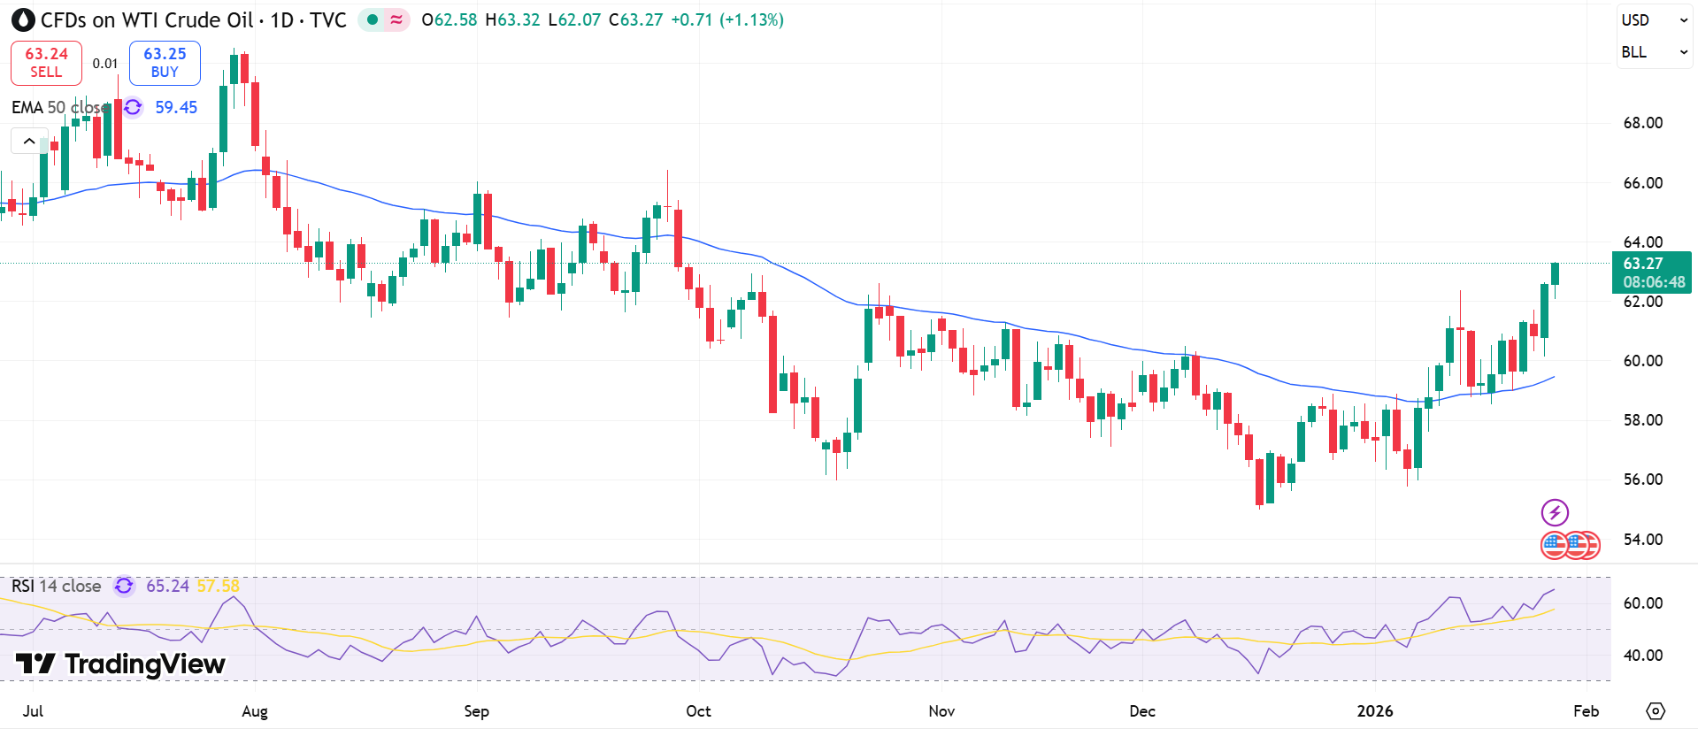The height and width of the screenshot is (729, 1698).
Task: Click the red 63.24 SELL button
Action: click(46, 63)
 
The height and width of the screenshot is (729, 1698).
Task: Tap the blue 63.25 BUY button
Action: click(165, 63)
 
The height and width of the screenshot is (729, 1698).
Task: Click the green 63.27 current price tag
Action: click(1651, 272)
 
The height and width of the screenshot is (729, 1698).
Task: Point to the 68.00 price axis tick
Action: click(1642, 123)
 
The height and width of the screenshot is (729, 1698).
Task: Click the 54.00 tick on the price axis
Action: click(1642, 540)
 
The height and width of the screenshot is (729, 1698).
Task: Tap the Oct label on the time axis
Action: click(698, 711)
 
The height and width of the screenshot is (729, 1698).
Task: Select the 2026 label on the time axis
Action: click(1375, 711)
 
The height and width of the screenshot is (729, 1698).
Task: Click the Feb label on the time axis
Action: click(1586, 711)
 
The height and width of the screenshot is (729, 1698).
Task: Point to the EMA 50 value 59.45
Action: click(176, 108)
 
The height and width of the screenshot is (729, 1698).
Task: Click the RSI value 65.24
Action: click(167, 587)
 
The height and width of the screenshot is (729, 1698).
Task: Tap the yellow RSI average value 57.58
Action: click(218, 587)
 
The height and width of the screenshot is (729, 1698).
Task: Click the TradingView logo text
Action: click(121, 664)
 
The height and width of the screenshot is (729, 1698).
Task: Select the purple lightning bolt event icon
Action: click(1555, 512)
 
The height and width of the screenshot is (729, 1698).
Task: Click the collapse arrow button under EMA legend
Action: click(29, 141)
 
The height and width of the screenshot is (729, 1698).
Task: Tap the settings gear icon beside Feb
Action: click(1655, 711)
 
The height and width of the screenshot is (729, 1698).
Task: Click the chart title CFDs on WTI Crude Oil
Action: click(147, 20)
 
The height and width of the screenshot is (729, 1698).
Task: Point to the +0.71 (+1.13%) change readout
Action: click(726, 20)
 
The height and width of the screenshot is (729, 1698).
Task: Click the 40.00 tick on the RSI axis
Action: click(1642, 656)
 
